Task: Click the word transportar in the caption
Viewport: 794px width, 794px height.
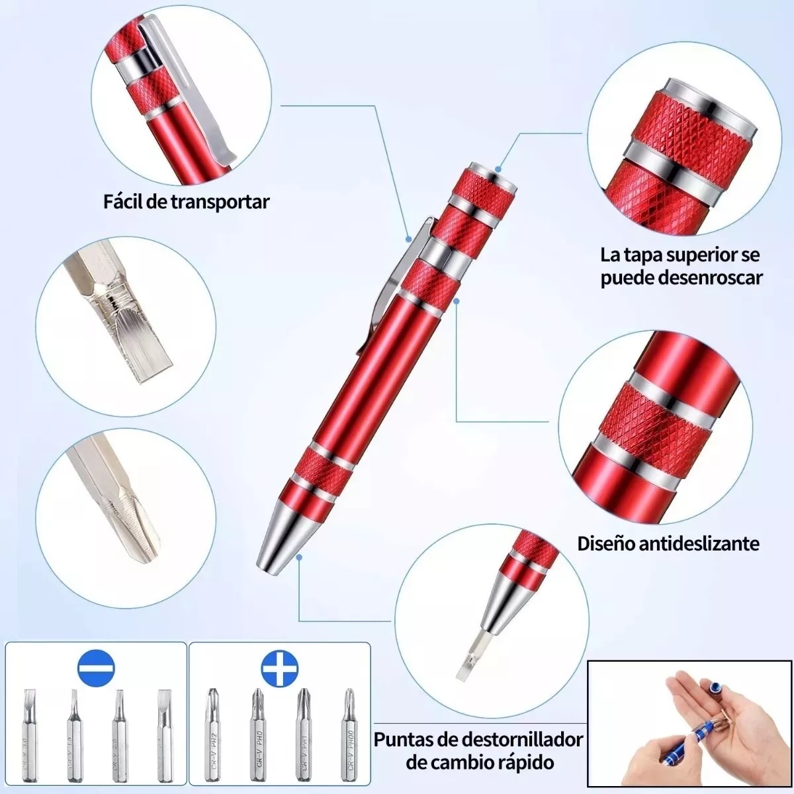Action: tap(220, 201)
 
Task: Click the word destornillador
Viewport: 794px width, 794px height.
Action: tap(522, 739)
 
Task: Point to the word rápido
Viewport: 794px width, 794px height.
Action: tap(523, 762)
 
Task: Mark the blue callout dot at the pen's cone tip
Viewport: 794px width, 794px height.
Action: tap(299, 557)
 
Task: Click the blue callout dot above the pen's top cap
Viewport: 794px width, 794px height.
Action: tap(498, 169)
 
